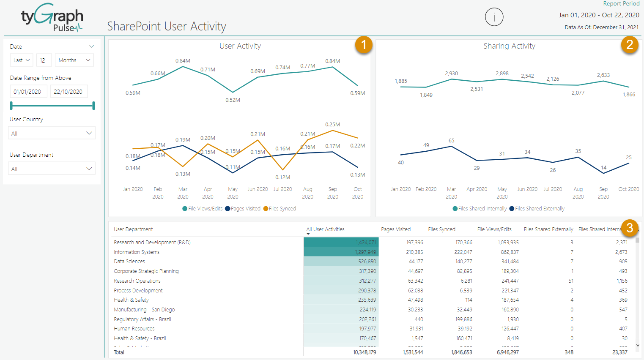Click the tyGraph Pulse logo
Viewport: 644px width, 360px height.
click(x=52, y=18)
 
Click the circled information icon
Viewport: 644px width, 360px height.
click(x=494, y=17)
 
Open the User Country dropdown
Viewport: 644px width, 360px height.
click(x=52, y=133)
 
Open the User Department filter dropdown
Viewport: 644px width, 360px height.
click(x=52, y=169)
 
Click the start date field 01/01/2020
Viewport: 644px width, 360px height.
click(x=27, y=92)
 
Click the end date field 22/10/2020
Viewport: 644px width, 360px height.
click(x=68, y=92)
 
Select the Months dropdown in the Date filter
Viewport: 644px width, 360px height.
click(x=74, y=60)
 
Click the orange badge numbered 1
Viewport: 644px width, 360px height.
click(x=364, y=45)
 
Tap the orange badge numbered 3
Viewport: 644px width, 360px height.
click(x=630, y=228)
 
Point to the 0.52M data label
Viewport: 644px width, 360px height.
click(x=233, y=100)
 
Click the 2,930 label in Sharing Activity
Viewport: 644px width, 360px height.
click(x=451, y=74)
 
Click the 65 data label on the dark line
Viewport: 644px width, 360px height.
click(x=451, y=141)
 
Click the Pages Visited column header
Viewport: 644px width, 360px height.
click(x=395, y=229)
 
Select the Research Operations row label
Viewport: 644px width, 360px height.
click(x=137, y=281)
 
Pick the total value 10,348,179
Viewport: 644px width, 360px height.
click(x=364, y=352)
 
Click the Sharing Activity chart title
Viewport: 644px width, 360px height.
click(x=509, y=46)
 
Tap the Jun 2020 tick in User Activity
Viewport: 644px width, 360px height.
click(x=257, y=189)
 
